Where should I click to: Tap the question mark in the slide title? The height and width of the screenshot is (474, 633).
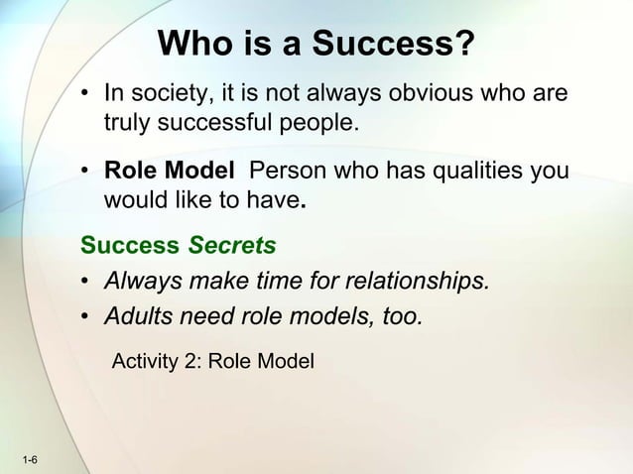(463, 45)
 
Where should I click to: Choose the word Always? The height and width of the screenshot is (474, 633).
(142, 282)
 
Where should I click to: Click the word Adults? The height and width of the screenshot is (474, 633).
(138, 317)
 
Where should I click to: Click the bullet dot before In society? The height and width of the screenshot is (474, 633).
(87, 96)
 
